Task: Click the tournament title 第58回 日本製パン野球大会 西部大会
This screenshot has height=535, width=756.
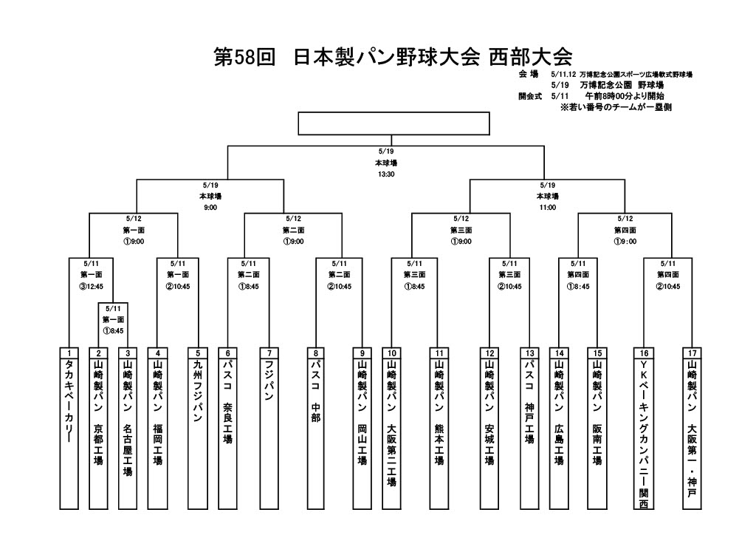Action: coord(393,58)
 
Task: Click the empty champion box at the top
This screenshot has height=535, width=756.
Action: coord(394,123)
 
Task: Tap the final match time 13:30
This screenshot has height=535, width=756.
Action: coord(385,175)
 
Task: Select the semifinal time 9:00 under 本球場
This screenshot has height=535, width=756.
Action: coord(210,208)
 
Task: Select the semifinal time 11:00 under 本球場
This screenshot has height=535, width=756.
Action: coord(547,208)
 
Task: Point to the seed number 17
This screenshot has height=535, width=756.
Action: coord(692,353)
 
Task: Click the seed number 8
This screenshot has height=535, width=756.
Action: coord(316,353)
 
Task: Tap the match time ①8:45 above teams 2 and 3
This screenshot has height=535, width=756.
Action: coord(114,331)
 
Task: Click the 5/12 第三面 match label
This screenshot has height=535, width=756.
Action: coord(461,229)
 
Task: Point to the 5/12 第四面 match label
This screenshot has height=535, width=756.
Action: coord(625,229)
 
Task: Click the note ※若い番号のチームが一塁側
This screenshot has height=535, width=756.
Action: coord(615,107)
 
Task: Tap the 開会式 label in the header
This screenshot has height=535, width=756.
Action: coord(531,96)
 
